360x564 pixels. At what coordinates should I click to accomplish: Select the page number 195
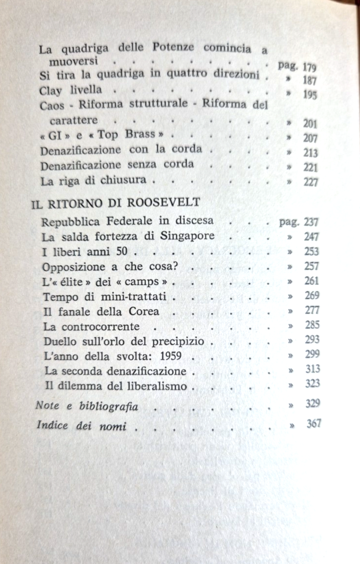pos(311,95)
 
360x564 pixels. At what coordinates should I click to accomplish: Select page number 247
pos(311,237)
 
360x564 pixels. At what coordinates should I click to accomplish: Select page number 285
pos(312,324)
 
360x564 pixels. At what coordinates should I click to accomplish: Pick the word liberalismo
pos(157,386)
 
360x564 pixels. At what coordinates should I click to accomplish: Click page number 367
pos(314,424)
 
